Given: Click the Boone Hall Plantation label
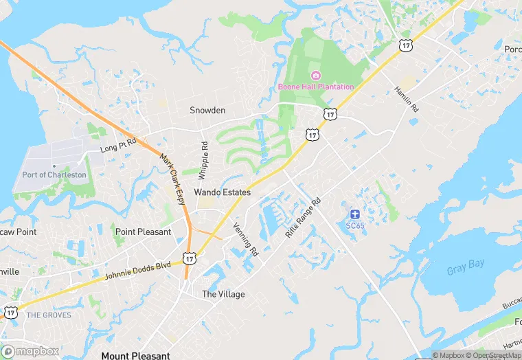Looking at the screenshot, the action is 316,87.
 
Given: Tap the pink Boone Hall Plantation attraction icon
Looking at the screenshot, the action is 316,75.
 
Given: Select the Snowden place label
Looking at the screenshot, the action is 207,110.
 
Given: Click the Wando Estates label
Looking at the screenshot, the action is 222,192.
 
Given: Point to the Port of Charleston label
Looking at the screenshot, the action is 54,175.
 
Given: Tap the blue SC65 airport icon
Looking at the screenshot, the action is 355,215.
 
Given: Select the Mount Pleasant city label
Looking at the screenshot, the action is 135,355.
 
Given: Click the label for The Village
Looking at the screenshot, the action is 223,294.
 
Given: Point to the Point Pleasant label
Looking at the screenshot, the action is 143,232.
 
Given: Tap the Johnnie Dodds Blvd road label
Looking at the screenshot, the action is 137,270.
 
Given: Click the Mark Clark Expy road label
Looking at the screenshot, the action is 173,179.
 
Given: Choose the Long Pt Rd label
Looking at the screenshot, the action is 118,144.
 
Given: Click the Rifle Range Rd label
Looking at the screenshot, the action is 303,218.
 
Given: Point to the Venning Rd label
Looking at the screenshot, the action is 245,240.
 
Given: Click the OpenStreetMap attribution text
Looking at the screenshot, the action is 495,355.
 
